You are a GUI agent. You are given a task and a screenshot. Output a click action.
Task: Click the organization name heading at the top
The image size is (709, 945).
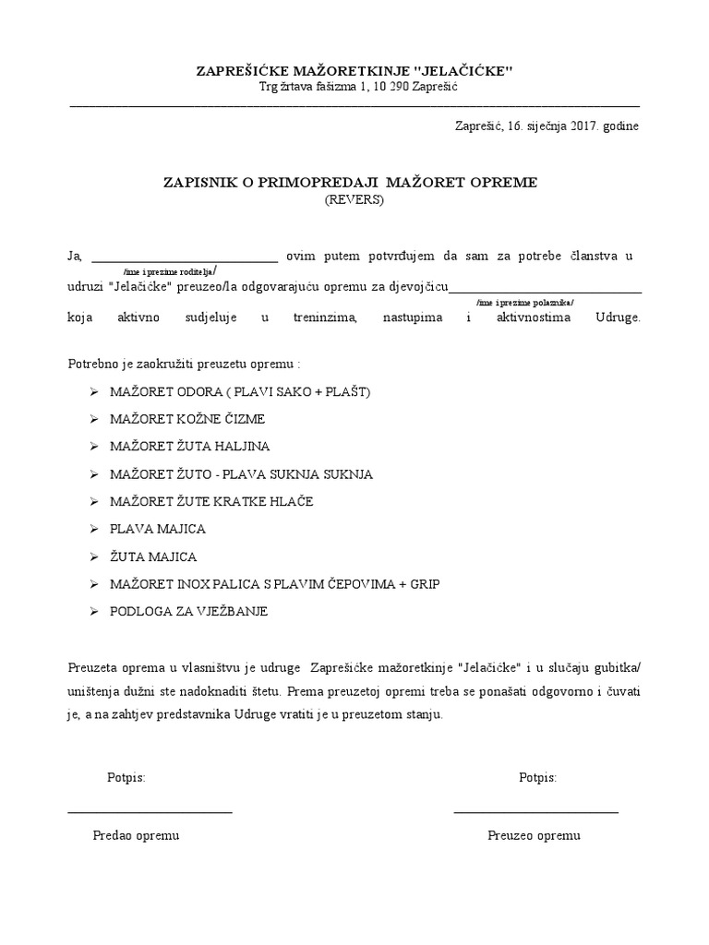pos(354,71)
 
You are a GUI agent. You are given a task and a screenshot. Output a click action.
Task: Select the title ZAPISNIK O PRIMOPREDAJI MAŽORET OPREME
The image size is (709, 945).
pos(350,183)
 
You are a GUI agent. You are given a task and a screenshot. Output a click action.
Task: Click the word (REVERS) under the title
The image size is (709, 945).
pos(354,199)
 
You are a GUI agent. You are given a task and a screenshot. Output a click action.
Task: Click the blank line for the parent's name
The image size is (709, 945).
pos(185,261)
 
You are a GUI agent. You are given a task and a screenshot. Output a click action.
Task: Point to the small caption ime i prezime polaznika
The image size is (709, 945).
pos(524,303)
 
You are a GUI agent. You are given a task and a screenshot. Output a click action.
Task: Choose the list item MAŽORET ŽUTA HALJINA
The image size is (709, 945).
pos(189,447)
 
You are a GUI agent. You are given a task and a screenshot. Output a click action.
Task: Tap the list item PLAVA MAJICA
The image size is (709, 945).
pos(157,530)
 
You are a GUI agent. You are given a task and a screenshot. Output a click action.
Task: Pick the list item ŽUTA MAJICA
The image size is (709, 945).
pos(153,557)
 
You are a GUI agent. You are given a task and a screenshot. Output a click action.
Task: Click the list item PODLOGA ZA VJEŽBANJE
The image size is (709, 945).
pos(188,612)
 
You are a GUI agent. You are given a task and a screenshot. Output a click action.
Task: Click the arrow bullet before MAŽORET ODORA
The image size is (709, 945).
pos(94,391)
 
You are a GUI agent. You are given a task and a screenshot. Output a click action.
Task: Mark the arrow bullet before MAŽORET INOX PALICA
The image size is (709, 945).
pos(94,584)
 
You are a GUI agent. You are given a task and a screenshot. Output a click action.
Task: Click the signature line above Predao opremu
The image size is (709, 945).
pos(150,812)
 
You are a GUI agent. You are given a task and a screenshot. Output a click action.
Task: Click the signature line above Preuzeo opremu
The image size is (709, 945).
pos(535,812)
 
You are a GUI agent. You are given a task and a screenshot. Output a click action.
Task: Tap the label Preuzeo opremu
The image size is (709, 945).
pos(535,835)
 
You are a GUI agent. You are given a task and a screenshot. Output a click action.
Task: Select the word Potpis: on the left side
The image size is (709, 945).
pos(126,778)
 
